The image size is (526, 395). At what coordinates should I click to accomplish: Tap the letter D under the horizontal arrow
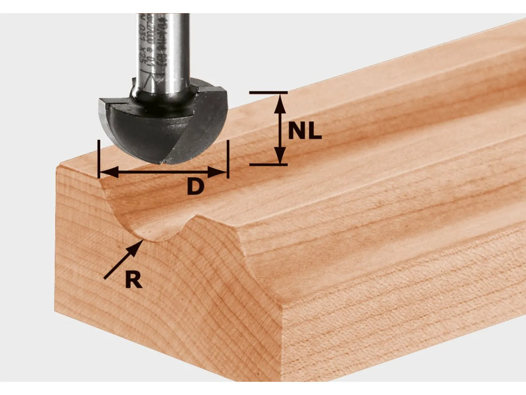point(195,187)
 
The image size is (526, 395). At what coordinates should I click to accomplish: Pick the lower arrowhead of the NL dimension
point(279,156)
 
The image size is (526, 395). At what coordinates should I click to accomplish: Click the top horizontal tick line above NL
point(268,93)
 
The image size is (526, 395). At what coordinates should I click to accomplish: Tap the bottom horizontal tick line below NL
point(268,165)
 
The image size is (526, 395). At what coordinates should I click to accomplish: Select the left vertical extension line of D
point(99,159)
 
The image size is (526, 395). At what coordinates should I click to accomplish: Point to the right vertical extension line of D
point(228,159)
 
